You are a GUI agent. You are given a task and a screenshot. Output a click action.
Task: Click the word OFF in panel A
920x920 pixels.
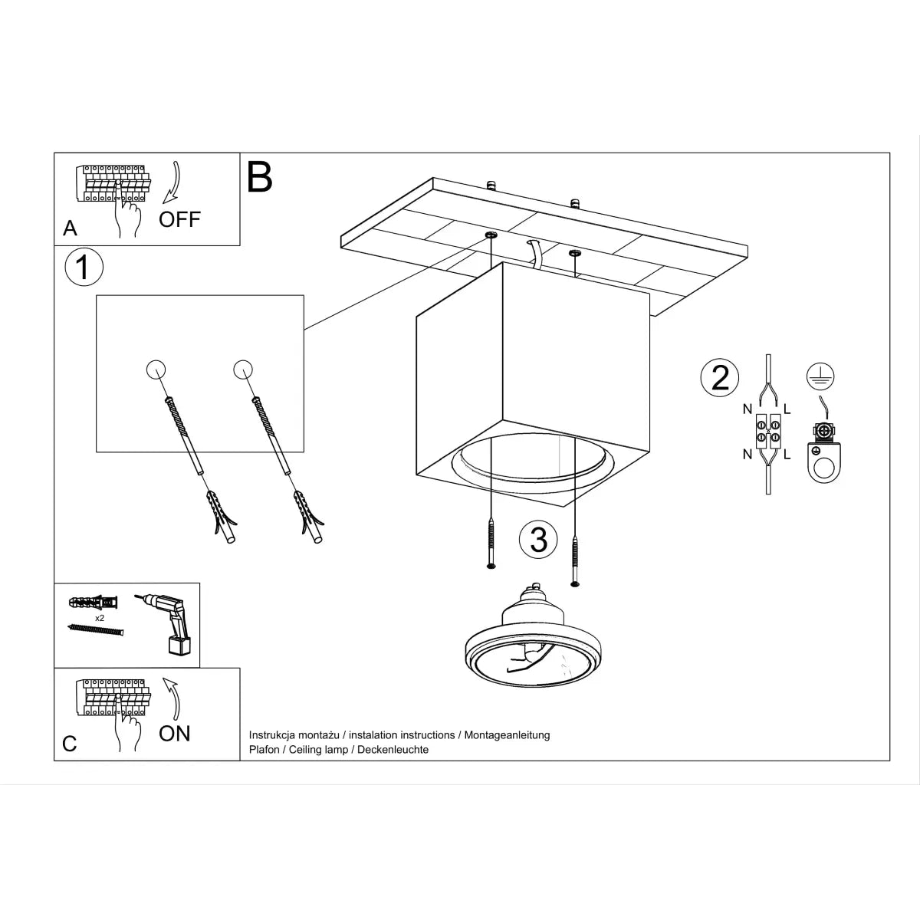(x=179, y=219)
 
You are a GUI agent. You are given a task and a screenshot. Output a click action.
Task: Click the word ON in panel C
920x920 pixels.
(x=175, y=734)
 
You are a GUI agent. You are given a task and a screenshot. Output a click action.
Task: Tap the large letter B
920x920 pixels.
(x=260, y=177)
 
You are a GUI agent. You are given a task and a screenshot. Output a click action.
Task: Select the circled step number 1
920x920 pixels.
(x=84, y=268)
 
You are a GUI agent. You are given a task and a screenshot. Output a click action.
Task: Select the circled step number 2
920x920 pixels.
(x=720, y=378)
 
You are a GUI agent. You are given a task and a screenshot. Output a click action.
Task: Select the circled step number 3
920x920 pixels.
(x=539, y=540)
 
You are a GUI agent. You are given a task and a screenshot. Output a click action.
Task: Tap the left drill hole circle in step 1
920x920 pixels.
(x=155, y=370)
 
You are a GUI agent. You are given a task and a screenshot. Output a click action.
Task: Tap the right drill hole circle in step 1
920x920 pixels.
(x=243, y=370)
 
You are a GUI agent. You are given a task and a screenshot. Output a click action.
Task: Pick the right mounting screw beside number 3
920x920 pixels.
(x=576, y=558)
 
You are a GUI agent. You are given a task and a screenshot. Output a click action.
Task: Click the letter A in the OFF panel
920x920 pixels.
(x=71, y=228)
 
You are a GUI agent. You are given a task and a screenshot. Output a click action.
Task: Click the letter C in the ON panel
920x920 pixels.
(x=70, y=744)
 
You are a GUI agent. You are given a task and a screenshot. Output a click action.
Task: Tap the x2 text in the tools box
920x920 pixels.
(x=100, y=617)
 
